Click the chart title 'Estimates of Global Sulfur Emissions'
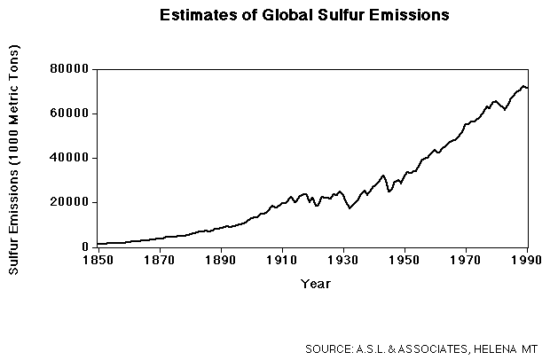(304, 15)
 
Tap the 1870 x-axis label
(159, 262)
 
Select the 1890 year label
(220, 262)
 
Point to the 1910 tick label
(282, 262)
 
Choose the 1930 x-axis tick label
(343, 262)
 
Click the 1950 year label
(405, 262)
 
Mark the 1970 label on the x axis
(467, 262)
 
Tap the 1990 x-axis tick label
(528, 262)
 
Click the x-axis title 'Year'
(316, 284)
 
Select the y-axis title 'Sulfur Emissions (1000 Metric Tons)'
(15, 158)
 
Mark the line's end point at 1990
(528, 89)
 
